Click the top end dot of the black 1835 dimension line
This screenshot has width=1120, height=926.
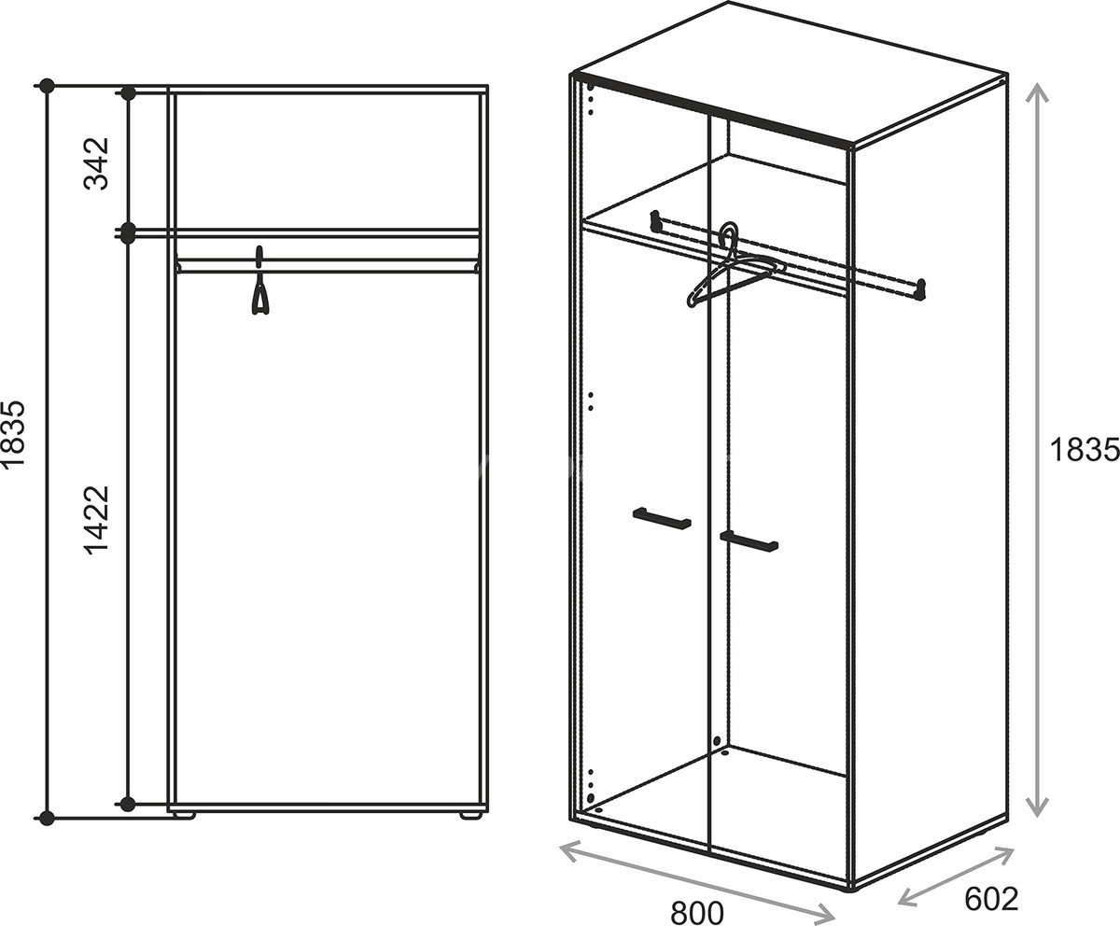tap(47, 85)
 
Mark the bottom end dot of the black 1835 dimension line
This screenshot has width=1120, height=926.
tap(47, 818)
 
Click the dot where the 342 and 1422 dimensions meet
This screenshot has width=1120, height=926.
tap(128, 233)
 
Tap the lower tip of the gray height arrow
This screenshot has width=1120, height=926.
tap(1036, 816)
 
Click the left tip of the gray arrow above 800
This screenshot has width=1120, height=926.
tap(561, 845)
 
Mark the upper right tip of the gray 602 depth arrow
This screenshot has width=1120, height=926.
tap(1014, 849)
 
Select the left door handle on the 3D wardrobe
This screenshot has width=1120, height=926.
tap(662, 519)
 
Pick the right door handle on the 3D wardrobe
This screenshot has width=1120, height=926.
tap(749, 541)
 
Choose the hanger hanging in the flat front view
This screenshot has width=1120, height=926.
tap(260, 281)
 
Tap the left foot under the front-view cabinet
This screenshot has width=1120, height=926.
tap(184, 814)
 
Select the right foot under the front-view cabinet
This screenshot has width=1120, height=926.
tap(470, 814)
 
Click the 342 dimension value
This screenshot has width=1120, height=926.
tap(97, 163)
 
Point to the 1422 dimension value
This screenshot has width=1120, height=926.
tap(97, 520)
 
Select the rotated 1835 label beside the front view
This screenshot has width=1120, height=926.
tap(13, 435)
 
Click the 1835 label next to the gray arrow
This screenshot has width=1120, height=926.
tap(1084, 450)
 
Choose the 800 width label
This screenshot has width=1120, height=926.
tap(697, 912)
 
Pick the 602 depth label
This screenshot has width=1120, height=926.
tap(992, 898)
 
